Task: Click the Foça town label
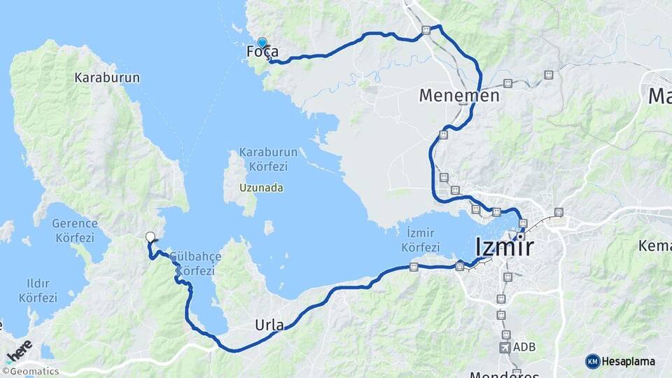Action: (262, 52)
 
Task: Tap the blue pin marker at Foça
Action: (262, 43)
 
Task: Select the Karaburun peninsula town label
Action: (107, 78)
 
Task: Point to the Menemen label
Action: (459, 95)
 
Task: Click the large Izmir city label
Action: (504, 247)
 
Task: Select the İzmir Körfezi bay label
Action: (422, 241)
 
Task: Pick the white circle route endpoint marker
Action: (150, 237)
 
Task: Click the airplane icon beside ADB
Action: (505, 347)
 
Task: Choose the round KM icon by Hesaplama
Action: (593, 361)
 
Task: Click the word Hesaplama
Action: (629, 361)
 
